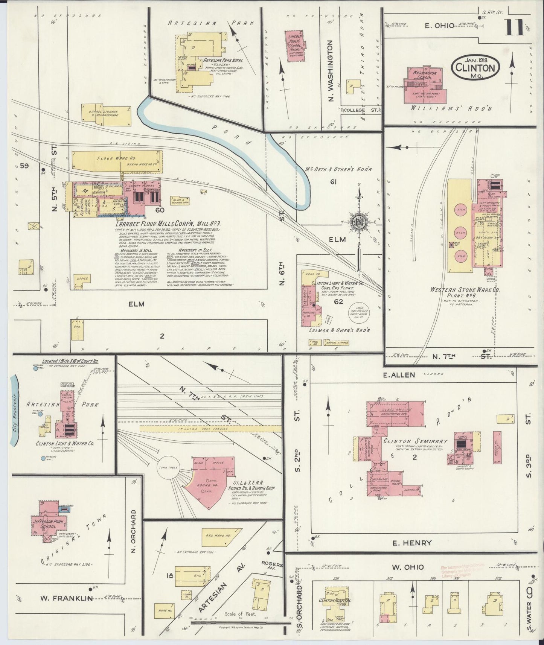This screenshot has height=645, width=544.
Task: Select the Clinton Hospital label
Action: point(334,600)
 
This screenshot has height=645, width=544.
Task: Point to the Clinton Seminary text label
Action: point(415,441)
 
